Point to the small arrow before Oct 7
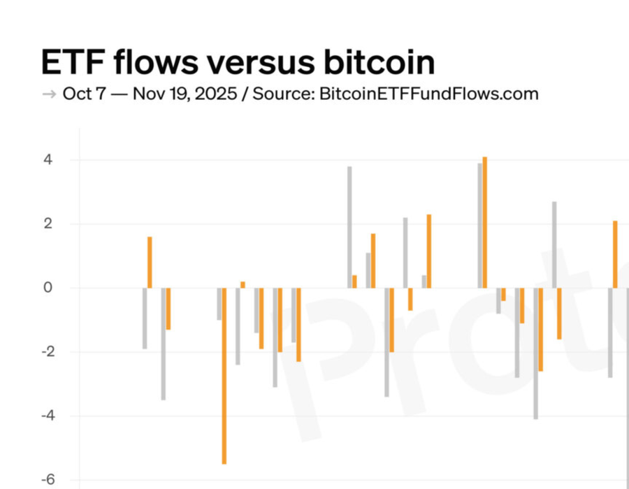49,94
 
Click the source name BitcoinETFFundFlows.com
428,94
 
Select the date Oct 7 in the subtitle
84,94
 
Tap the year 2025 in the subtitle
212,94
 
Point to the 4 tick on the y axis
47,160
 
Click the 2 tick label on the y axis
47,224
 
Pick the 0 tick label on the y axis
47,288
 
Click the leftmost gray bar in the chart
145,318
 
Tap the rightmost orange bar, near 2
615,254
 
